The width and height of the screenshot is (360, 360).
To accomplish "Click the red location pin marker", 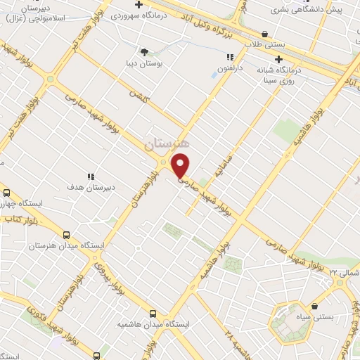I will click(x=181, y=165).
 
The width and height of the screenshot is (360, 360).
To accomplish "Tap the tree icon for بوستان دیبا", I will click(x=144, y=51).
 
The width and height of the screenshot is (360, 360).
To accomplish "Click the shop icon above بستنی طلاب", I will click(x=264, y=34).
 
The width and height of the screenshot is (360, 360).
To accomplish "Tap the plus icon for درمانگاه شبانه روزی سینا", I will click(x=279, y=60).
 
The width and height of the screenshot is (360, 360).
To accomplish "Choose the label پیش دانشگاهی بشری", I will click(x=317, y=10).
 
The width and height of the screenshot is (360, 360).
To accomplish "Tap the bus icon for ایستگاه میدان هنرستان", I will click(x=67, y=236).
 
